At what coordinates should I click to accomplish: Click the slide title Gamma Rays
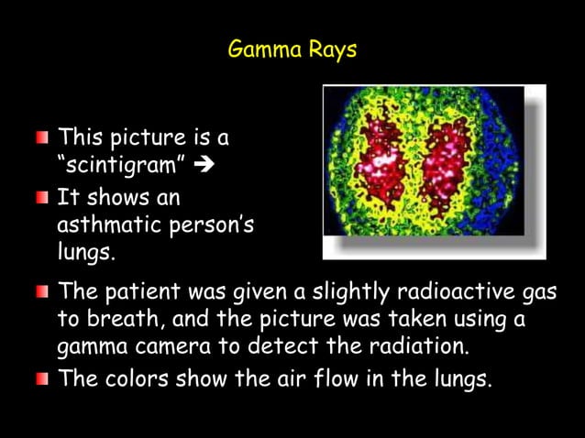tap(292, 49)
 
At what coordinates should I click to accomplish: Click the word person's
tap(214, 225)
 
